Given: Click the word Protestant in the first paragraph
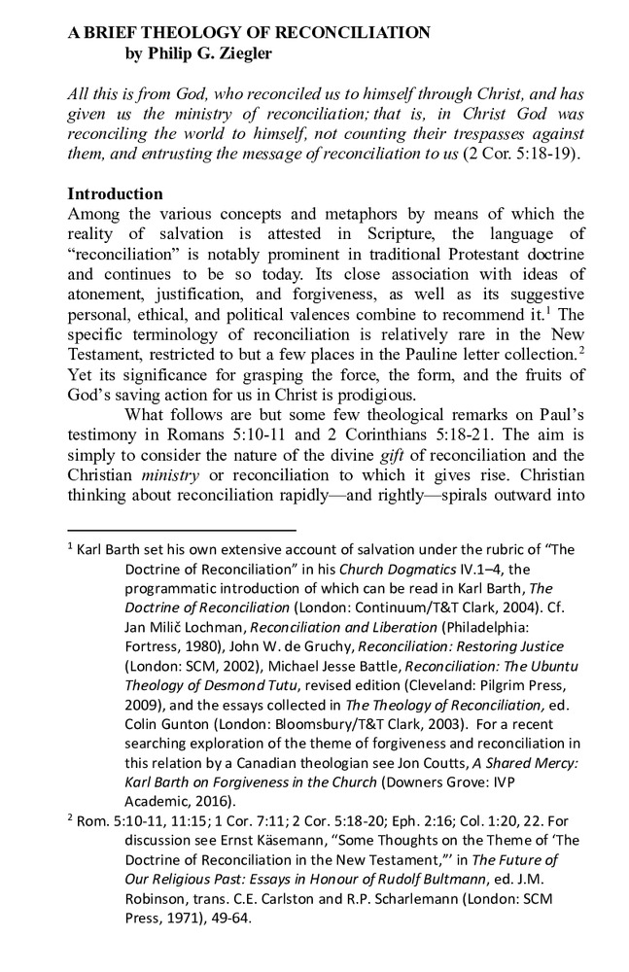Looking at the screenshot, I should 462,258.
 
